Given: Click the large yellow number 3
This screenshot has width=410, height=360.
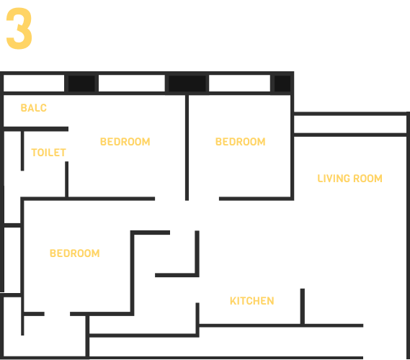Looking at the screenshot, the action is (x=19, y=28).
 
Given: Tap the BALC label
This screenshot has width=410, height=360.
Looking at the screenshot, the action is (x=33, y=108).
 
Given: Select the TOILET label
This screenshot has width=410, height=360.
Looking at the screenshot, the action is (x=48, y=153).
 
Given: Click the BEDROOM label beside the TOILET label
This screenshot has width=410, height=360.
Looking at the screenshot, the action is (x=125, y=142).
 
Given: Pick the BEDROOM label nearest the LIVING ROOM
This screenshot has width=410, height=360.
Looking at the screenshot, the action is (x=240, y=142).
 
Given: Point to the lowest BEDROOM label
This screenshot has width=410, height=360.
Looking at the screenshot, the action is (x=74, y=253).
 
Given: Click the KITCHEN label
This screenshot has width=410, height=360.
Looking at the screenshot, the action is (x=251, y=301).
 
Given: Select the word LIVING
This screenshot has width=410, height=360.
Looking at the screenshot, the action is (x=334, y=179).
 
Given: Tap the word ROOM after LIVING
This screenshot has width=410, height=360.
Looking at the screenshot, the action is (x=367, y=179).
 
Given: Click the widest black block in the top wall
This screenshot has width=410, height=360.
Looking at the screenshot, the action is (x=187, y=84).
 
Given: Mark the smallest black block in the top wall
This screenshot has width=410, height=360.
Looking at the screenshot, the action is (x=282, y=84).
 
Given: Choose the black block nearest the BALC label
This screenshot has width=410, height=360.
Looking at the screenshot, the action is (x=81, y=84).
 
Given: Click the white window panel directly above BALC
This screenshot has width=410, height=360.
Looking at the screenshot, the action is (x=34, y=84).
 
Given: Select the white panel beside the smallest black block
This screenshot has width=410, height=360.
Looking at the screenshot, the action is (x=239, y=84).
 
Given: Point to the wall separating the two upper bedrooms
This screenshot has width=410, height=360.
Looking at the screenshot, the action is (x=187, y=148).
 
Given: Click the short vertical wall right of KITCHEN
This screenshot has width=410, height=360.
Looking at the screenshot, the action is (x=302, y=307).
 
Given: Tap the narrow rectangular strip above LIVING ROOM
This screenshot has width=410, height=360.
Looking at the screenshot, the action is (x=350, y=125).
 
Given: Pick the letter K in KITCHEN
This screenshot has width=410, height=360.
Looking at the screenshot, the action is (x=233, y=301).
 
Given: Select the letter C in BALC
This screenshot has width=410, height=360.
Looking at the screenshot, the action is (x=43, y=108).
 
